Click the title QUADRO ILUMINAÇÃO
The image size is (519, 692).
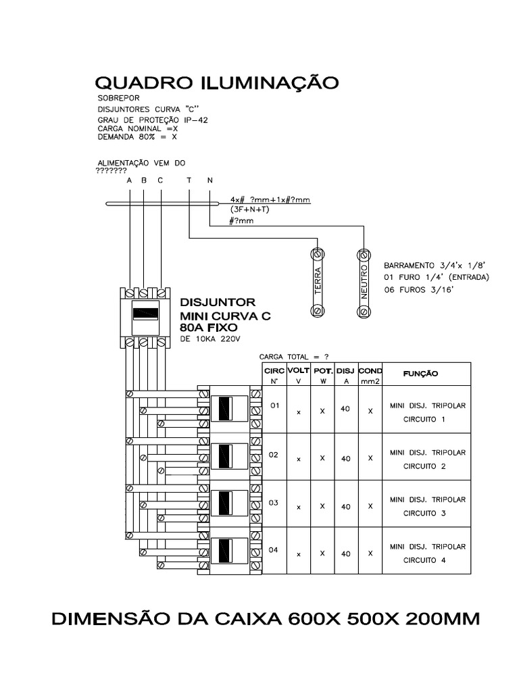click(216, 84)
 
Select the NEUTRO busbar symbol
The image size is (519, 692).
click(364, 282)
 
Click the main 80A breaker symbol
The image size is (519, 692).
click(144, 313)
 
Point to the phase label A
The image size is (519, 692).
click(129, 180)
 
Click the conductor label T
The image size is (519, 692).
click(189, 180)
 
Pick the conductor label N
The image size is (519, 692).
click(209, 180)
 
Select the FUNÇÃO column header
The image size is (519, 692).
click(420, 373)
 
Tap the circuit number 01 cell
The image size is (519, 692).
click(274, 407)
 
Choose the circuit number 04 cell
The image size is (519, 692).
click(274, 550)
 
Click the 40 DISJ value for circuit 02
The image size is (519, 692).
click(346, 458)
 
